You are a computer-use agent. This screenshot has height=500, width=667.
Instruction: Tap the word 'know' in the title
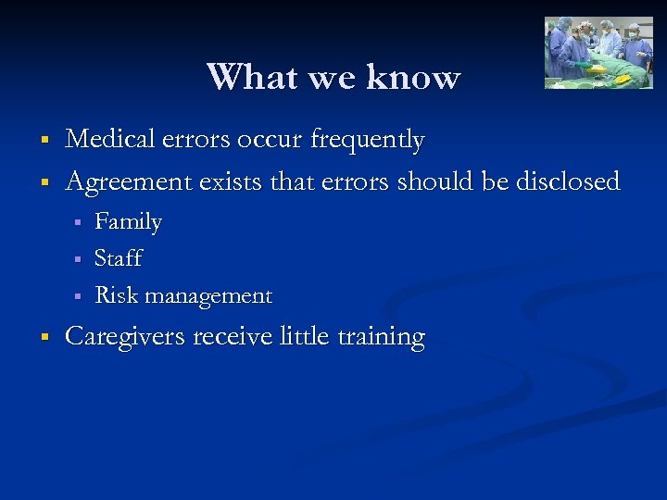(413, 77)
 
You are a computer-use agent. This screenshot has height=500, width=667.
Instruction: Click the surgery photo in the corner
(598, 53)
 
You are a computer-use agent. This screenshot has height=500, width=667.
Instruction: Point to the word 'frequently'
(367, 141)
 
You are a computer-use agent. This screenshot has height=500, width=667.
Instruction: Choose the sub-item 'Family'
(128, 222)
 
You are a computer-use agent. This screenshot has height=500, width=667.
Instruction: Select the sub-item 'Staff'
(118, 258)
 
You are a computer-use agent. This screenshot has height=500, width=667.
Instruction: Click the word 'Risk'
(116, 295)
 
